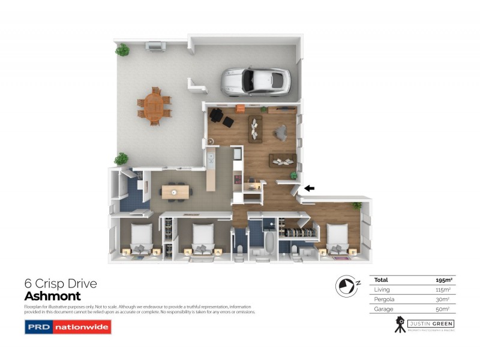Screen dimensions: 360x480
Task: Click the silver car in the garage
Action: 256,82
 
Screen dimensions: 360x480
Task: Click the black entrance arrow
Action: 310,188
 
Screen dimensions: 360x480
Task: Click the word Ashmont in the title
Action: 52,296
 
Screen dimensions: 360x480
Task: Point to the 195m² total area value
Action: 443,280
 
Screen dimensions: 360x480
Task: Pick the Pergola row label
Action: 383,299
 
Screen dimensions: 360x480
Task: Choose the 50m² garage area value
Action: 444,309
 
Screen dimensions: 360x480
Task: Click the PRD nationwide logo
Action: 68,327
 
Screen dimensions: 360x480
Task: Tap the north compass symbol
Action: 346,286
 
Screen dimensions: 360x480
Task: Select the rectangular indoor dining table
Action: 175,192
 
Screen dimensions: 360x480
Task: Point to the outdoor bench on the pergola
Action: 154,46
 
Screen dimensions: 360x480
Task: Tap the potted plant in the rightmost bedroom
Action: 358,206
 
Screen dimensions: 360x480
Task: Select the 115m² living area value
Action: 443,290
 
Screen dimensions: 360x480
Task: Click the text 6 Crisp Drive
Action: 60,283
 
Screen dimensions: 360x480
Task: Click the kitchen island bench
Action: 211,172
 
